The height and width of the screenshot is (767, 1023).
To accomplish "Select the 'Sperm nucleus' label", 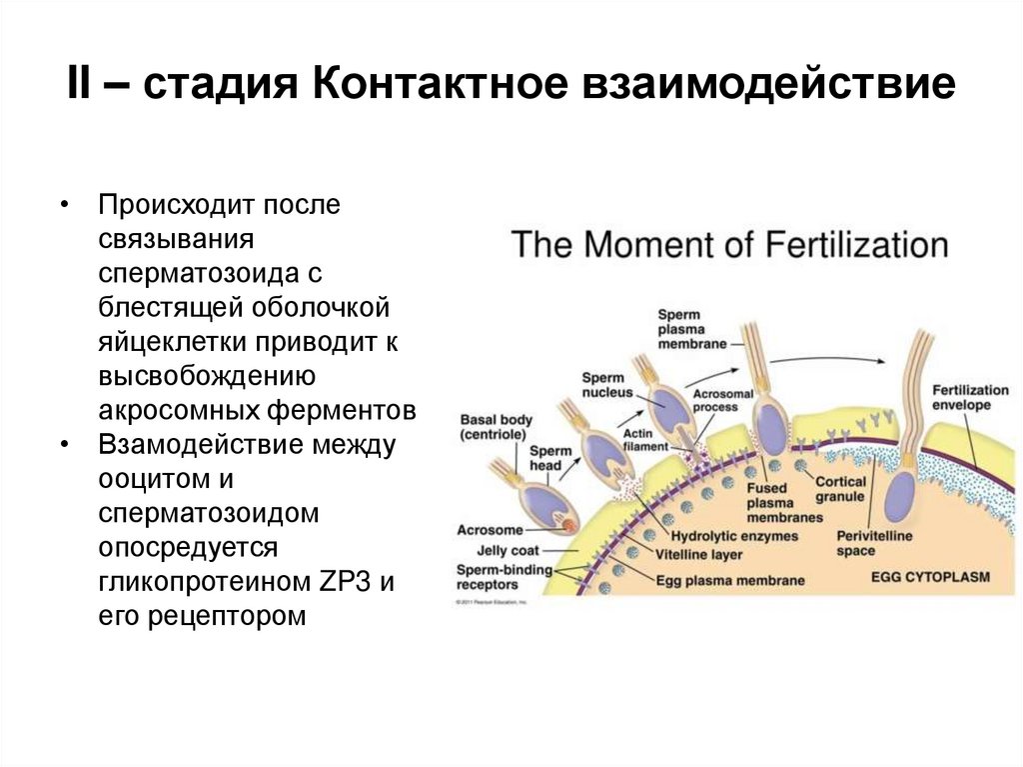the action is point(603,384).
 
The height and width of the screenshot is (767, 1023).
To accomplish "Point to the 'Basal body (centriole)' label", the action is point(497,427).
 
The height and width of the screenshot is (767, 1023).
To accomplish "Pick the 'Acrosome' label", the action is point(490,529).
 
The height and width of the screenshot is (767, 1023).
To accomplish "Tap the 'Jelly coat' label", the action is point(509,550).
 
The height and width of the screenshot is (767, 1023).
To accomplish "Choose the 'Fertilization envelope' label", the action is point(961,397).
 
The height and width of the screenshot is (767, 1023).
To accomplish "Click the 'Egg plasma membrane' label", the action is point(729,579).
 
